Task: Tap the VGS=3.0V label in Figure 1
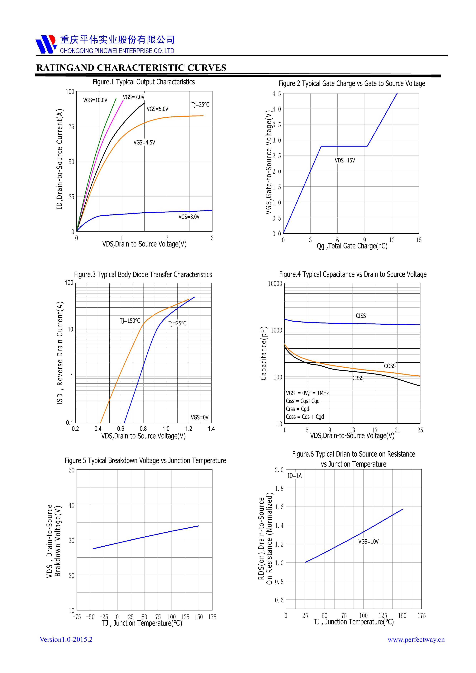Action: pos(189,217)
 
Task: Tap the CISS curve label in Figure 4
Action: pos(360,316)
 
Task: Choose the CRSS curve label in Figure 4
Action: pos(358,378)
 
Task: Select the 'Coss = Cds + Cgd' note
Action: pos(305,417)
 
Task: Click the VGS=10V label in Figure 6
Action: pos(368,542)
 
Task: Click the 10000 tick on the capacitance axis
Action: pos(275,284)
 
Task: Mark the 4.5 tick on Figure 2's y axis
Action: pos(277,94)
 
